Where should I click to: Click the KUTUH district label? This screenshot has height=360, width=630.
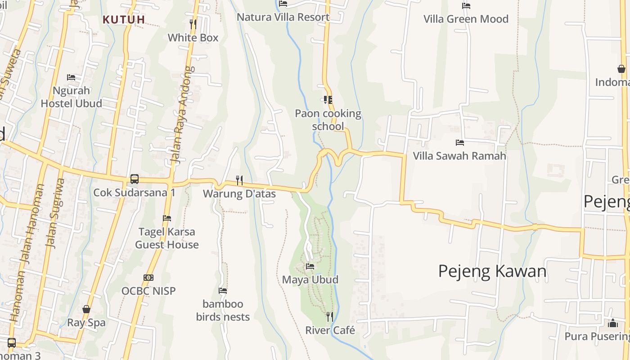124,20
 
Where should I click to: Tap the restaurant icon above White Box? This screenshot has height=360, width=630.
193,24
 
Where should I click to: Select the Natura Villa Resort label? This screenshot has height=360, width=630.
283,17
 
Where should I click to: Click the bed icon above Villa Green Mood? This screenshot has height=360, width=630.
466,6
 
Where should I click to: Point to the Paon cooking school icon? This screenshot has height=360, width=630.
328,100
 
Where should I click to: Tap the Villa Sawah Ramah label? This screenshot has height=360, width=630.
459,156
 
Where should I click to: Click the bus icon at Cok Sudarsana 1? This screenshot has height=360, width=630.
134,179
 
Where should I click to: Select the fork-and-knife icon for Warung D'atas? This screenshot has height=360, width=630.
239,180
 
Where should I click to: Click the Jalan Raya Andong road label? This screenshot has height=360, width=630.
181,115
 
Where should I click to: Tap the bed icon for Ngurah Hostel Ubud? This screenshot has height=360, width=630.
71,77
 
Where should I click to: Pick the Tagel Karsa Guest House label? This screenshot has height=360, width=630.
167,238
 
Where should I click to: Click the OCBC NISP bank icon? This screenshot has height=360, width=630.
148,278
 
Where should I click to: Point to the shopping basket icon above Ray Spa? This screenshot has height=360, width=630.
86,309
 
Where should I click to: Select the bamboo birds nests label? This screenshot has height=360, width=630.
223,310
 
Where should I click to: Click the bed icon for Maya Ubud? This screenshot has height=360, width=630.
310,266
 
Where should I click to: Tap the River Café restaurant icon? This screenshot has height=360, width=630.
330,317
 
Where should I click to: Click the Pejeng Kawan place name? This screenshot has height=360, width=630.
492,271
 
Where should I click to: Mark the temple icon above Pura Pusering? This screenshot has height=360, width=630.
612,323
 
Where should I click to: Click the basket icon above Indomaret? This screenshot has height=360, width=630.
621,69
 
